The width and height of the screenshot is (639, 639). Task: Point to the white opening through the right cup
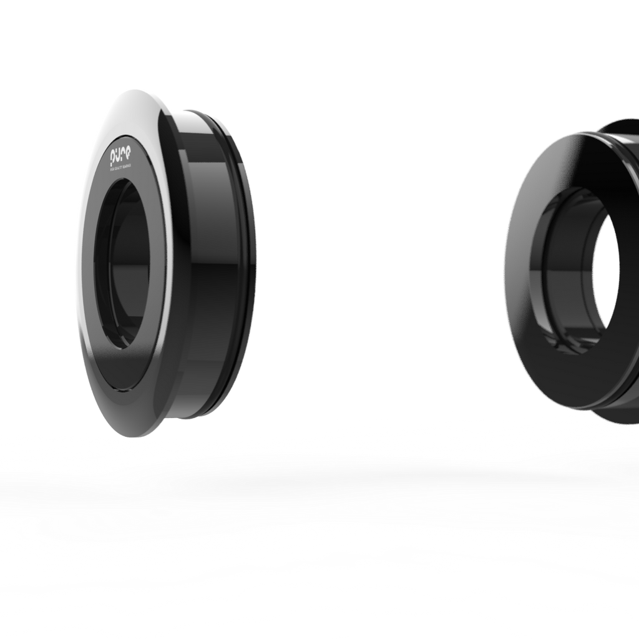pos(602,275)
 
